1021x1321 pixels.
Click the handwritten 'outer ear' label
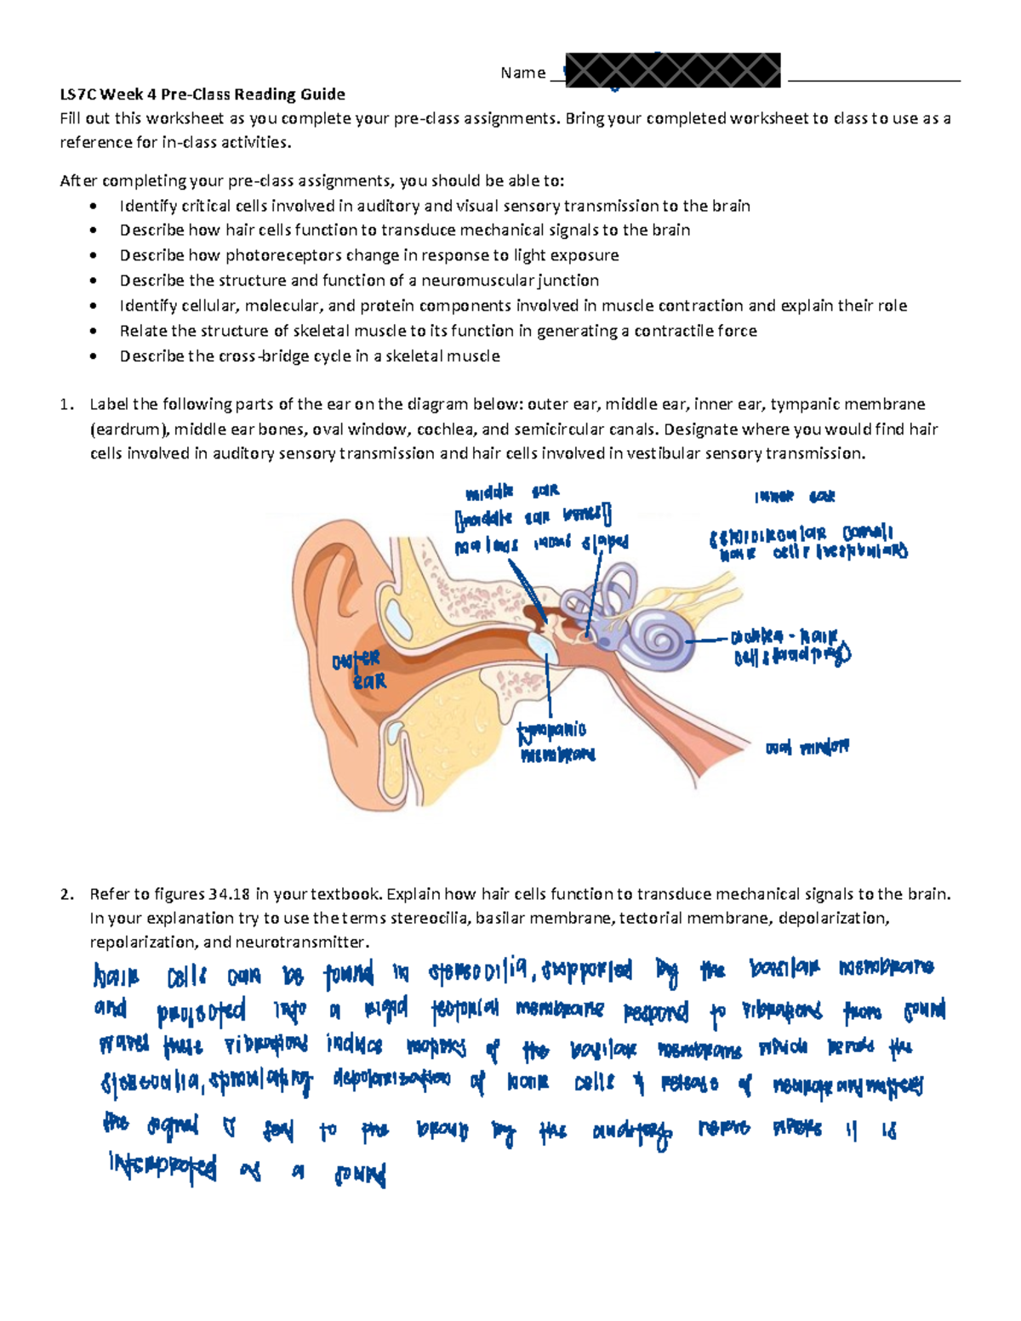click(x=358, y=670)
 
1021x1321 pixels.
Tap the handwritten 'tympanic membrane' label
click(x=555, y=742)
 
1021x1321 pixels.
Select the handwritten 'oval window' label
click(x=807, y=748)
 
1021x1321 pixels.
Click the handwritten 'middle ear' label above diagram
click(x=511, y=492)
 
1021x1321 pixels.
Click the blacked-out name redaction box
click(x=672, y=70)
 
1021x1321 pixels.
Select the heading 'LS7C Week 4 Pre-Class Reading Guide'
click(x=202, y=94)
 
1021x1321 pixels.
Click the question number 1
click(x=66, y=404)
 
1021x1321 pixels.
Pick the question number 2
click(x=66, y=894)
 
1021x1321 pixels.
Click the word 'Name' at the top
click(x=522, y=73)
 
